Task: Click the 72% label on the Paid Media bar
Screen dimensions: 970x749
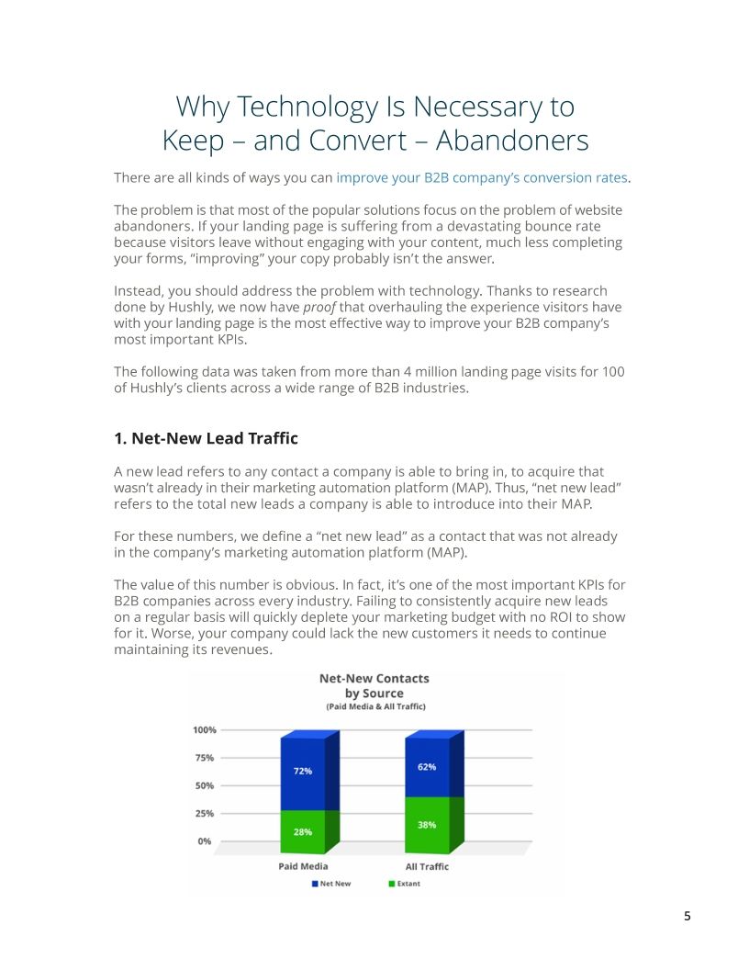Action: [303, 771]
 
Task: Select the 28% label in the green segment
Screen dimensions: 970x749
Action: [303, 831]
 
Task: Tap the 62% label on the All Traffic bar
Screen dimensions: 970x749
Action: [427, 766]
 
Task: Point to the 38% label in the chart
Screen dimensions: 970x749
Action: [427, 825]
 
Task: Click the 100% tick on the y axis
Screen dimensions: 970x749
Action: [205, 730]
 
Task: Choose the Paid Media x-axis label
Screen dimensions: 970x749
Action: [303, 866]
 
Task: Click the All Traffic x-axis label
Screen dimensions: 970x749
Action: [427, 866]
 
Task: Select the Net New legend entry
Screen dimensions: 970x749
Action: [331, 884]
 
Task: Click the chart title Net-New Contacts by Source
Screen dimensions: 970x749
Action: [374, 685]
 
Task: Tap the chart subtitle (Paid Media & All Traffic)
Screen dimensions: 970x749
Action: [374, 706]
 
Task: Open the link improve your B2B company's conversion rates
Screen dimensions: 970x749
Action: [482, 177]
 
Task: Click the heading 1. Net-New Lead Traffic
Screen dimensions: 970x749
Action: [206, 438]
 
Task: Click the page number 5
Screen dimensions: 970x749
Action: [687, 916]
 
